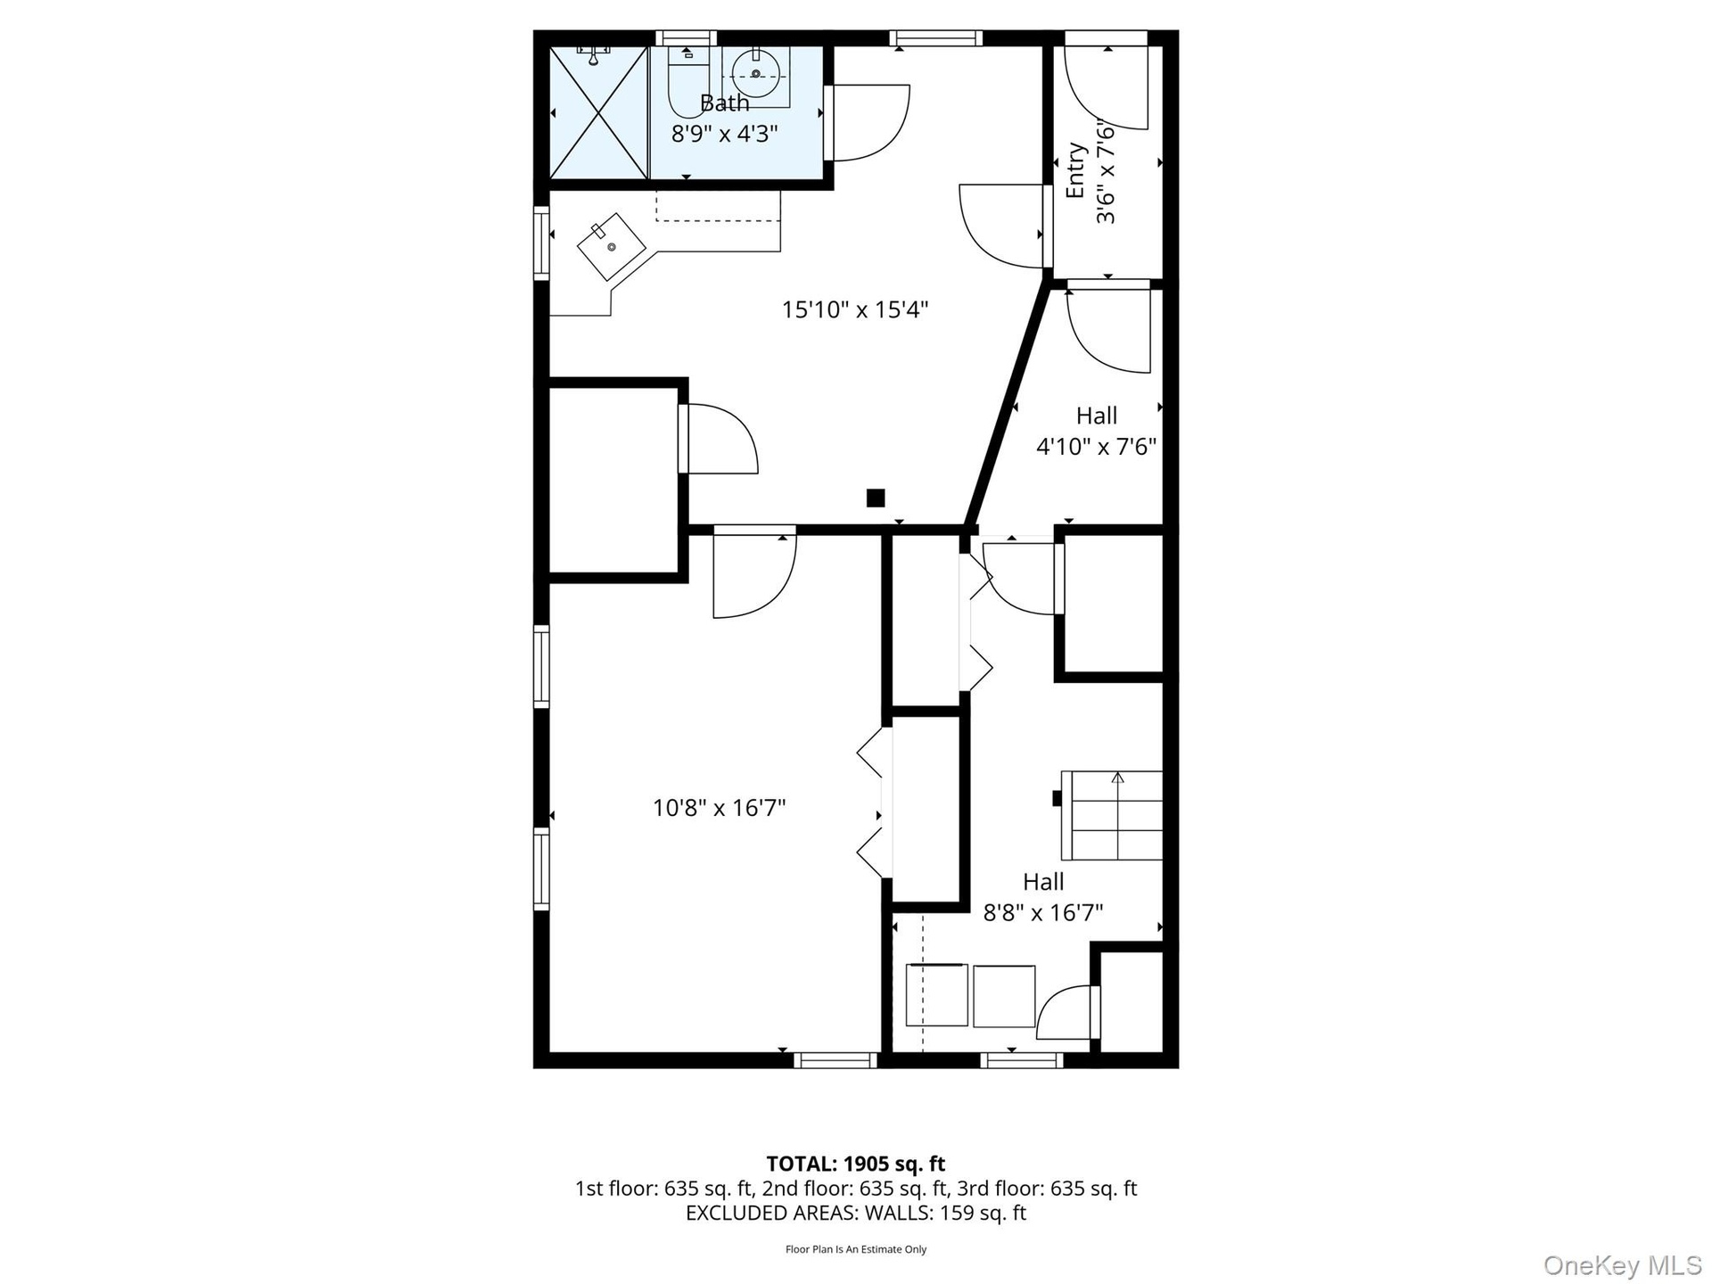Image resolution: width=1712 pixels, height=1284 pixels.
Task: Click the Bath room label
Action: [x=724, y=103]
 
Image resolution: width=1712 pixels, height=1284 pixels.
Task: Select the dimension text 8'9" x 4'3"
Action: [x=724, y=134]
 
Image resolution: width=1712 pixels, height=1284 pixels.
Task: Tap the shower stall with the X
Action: [x=598, y=112]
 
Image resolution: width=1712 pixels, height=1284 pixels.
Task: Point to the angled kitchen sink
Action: [x=612, y=246]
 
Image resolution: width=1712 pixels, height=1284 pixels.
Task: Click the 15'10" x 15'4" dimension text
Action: [x=855, y=309]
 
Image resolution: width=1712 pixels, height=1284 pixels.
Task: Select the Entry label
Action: [x=1075, y=170]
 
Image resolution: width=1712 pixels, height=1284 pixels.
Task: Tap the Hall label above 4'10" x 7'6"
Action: [x=1096, y=416]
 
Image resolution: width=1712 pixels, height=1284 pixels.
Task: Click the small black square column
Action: [x=876, y=498]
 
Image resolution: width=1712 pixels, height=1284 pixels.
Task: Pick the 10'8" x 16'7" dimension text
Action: [x=719, y=808]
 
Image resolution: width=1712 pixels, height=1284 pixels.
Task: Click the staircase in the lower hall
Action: [x=1111, y=815]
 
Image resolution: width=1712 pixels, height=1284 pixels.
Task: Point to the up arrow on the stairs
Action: [x=1117, y=778]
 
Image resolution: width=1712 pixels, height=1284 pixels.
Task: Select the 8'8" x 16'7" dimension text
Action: [x=1043, y=913]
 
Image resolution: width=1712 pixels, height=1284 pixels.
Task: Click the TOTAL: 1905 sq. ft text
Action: [x=855, y=1164]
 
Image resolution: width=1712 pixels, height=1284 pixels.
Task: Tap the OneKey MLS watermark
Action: [x=1622, y=1264]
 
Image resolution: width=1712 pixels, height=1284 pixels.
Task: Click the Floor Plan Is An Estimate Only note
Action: [x=855, y=1250]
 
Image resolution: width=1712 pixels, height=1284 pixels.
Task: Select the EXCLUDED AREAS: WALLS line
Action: [x=855, y=1213]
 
